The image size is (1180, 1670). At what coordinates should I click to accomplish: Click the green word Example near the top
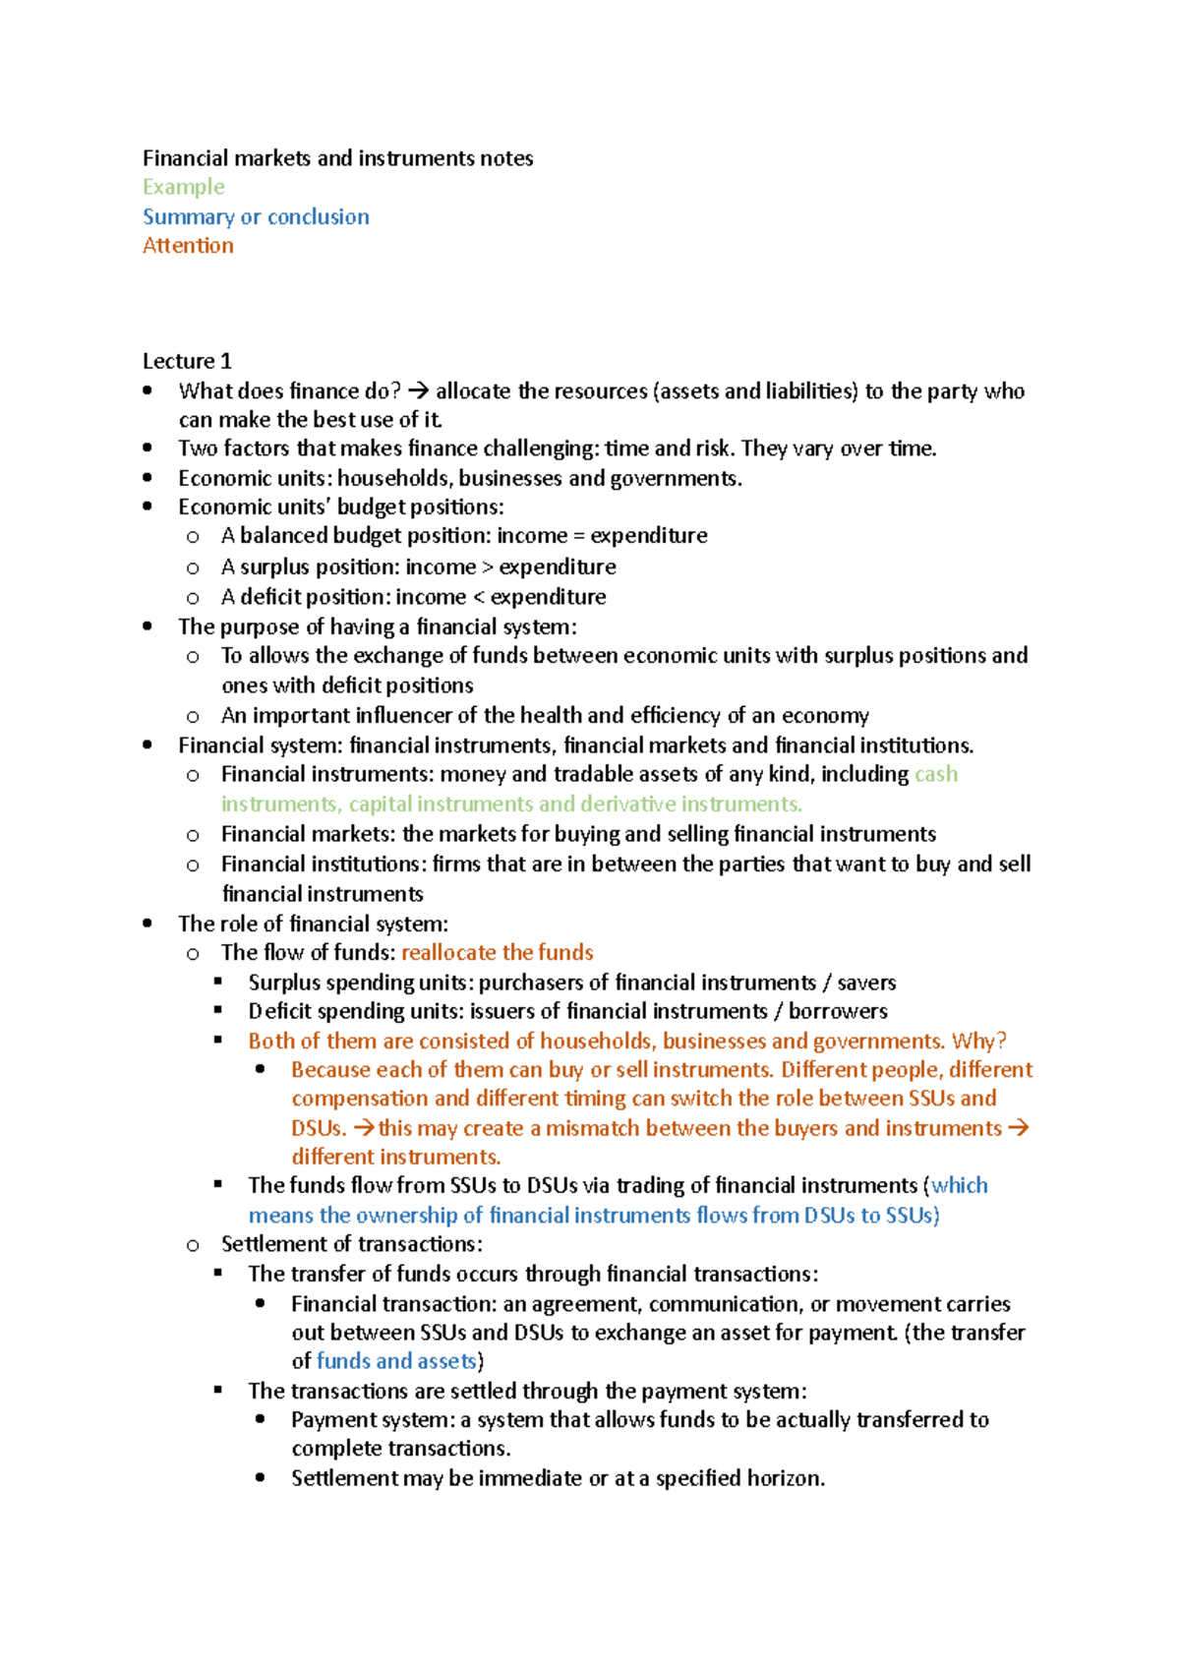pyautogui.click(x=183, y=187)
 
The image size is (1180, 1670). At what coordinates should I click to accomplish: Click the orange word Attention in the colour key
pyautogui.click(x=188, y=246)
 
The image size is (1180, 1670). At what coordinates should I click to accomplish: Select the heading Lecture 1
pyautogui.click(x=187, y=361)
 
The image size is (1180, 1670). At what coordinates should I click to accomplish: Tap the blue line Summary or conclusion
pyautogui.click(x=256, y=216)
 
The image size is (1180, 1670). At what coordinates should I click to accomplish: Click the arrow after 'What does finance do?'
pyautogui.click(x=418, y=391)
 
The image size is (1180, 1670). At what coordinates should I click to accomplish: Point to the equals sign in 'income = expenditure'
pyautogui.click(x=579, y=536)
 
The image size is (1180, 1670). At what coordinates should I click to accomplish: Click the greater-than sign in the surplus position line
pyautogui.click(x=488, y=567)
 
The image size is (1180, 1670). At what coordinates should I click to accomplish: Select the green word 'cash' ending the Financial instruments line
pyautogui.click(x=936, y=775)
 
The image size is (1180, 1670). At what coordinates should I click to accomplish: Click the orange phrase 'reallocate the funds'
pyautogui.click(x=498, y=953)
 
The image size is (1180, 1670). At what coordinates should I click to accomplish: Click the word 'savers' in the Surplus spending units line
pyautogui.click(x=866, y=983)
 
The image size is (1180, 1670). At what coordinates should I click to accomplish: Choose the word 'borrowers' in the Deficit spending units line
pyautogui.click(x=838, y=1012)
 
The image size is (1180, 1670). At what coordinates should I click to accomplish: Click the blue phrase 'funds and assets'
pyautogui.click(x=396, y=1361)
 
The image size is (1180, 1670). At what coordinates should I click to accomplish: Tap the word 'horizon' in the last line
pyautogui.click(x=786, y=1478)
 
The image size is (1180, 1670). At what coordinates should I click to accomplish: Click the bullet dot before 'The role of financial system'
pyautogui.click(x=147, y=924)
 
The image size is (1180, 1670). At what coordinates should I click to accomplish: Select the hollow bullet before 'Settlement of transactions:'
pyautogui.click(x=193, y=1245)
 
